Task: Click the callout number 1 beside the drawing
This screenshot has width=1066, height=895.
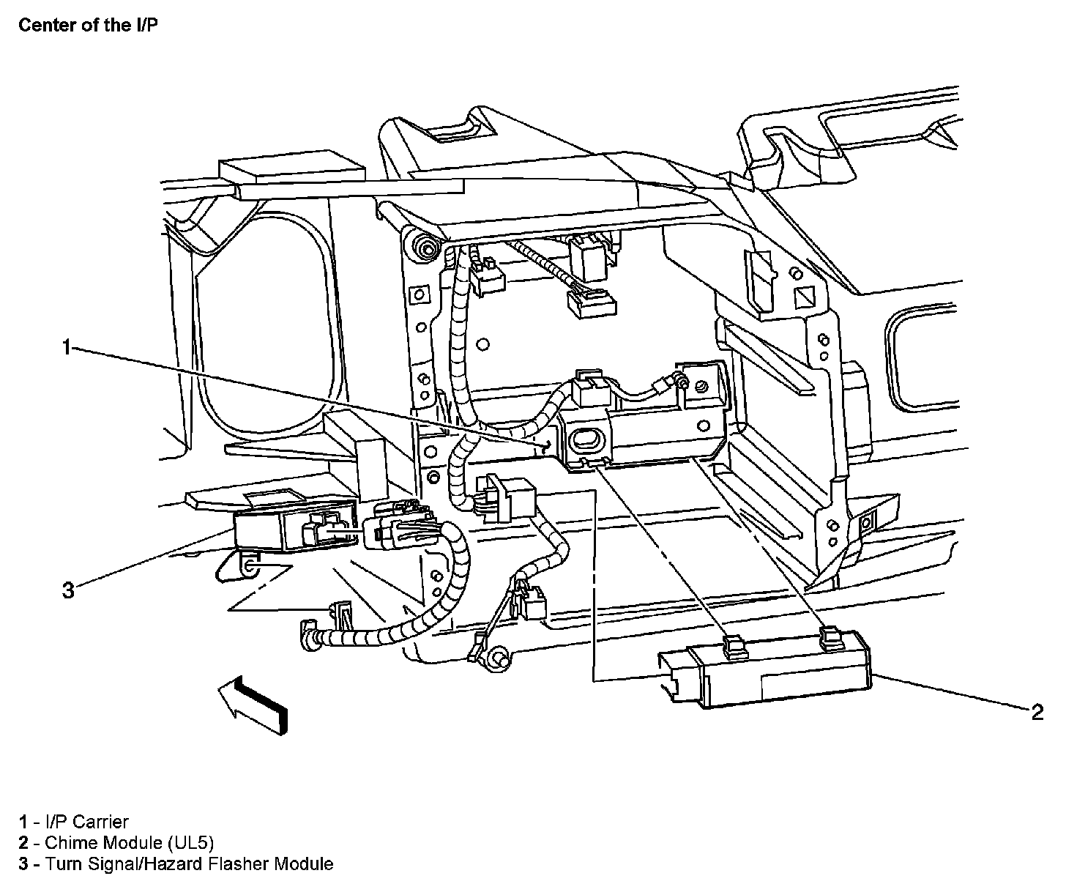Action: (67, 347)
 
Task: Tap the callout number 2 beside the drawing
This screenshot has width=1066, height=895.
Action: (1037, 713)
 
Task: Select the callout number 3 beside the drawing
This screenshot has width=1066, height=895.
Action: (68, 590)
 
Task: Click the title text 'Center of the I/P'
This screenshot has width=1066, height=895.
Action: (87, 25)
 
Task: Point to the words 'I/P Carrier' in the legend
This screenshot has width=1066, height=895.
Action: (86, 822)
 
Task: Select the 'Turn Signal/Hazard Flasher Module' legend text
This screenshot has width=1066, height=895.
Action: (189, 864)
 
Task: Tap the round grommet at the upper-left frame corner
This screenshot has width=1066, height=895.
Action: (424, 250)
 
